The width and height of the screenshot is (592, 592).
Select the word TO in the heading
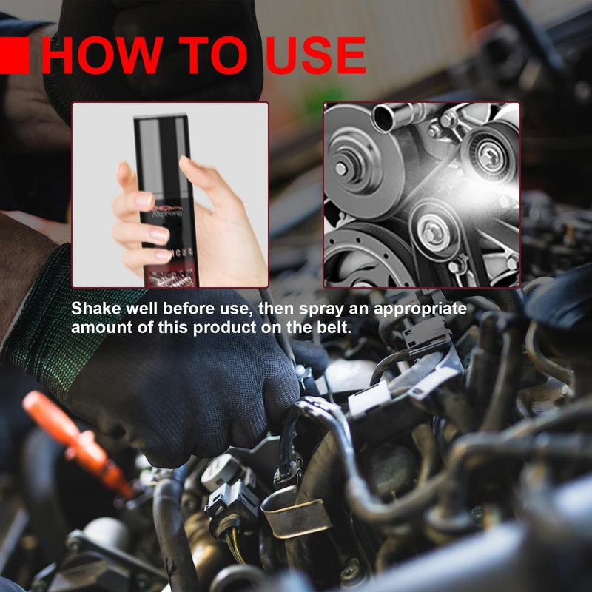(206, 56)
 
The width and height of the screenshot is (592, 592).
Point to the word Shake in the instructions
(95, 308)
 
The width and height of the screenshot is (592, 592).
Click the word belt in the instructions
(337, 327)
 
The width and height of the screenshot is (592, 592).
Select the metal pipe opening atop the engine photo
(386, 114)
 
